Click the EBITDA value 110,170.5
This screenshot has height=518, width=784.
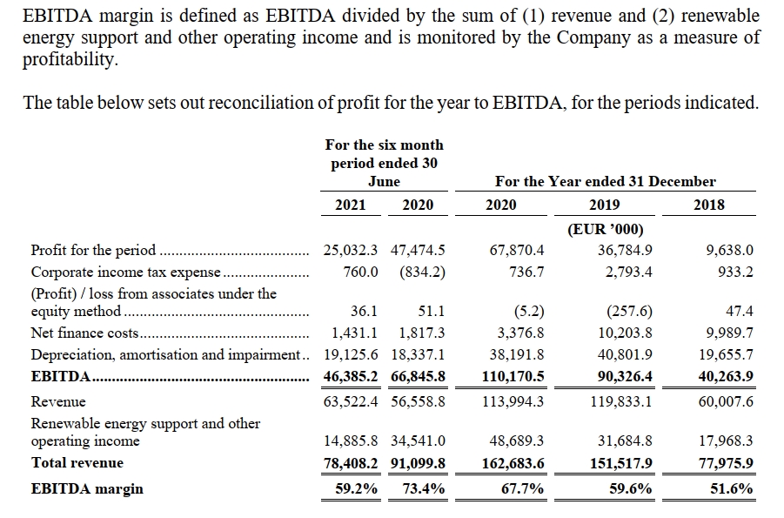pos(513,376)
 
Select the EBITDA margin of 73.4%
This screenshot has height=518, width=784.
pos(424,488)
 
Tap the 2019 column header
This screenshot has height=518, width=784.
pos(605,205)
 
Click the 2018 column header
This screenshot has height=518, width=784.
pos(709,205)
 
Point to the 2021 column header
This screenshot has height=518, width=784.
pos(350,205)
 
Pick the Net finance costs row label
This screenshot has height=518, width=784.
pos(84,333)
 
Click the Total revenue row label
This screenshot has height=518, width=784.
pos(77,462)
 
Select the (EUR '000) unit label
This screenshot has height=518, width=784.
pos(605,229)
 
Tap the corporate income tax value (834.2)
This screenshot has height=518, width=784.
pos(423,272)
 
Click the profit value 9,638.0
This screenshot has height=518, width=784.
pos(729,250)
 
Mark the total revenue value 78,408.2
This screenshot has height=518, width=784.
pos(351,463)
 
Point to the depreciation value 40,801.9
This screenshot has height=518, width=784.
pos(625,354)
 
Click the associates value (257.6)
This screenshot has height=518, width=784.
pos(629,312)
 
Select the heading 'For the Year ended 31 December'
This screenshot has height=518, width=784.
pos(606,181)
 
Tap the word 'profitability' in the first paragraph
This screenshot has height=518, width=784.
pos(70,59)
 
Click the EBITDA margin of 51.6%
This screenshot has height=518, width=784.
pos(732,488)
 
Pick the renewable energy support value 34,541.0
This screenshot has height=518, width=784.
pos(418,441)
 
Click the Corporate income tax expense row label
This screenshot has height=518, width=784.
pos(125,272)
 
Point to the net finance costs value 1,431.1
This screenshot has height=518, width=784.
pos(354,333)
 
